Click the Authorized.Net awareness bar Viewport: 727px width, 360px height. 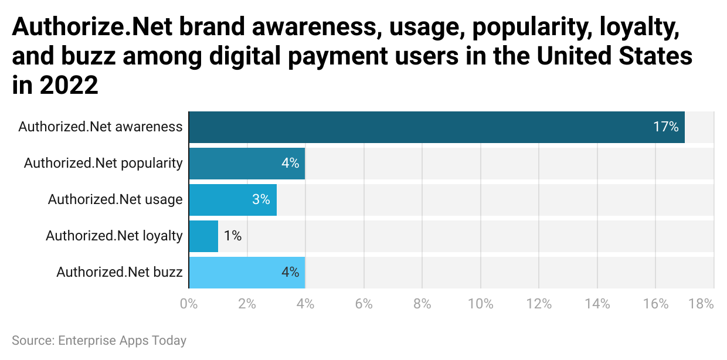click(x=437, y=127)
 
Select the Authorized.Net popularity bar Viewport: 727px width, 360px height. click(x=247, y=164)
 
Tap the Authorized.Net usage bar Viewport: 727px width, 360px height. click(x=233, y=200)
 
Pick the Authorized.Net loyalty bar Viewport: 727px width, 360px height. click(x=203, y=236)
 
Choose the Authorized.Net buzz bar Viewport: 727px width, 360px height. click(x=247, y=273)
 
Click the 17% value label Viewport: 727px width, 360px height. click(x=666, y=127)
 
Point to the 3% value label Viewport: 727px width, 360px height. click(x=261, y=199)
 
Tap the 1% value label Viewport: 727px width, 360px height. click(x=232, y=236)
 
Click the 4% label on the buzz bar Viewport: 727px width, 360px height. click(x=290, y=272)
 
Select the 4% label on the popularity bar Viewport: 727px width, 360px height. click(x=290, y=163)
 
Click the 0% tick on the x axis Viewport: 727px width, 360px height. click(x=189, y=304)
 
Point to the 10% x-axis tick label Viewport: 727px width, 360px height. click(x=481, y=304)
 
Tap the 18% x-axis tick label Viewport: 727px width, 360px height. click(x=701, y=304)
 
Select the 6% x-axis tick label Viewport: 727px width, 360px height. click(x=364, y=304)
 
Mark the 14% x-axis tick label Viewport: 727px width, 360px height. click(x=597, y=304)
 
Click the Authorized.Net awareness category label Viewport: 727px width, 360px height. click(x=100, y=127)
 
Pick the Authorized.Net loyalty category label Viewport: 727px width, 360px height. click(x=114, y=236)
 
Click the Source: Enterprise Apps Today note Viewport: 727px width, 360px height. click(x=99, y=340)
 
